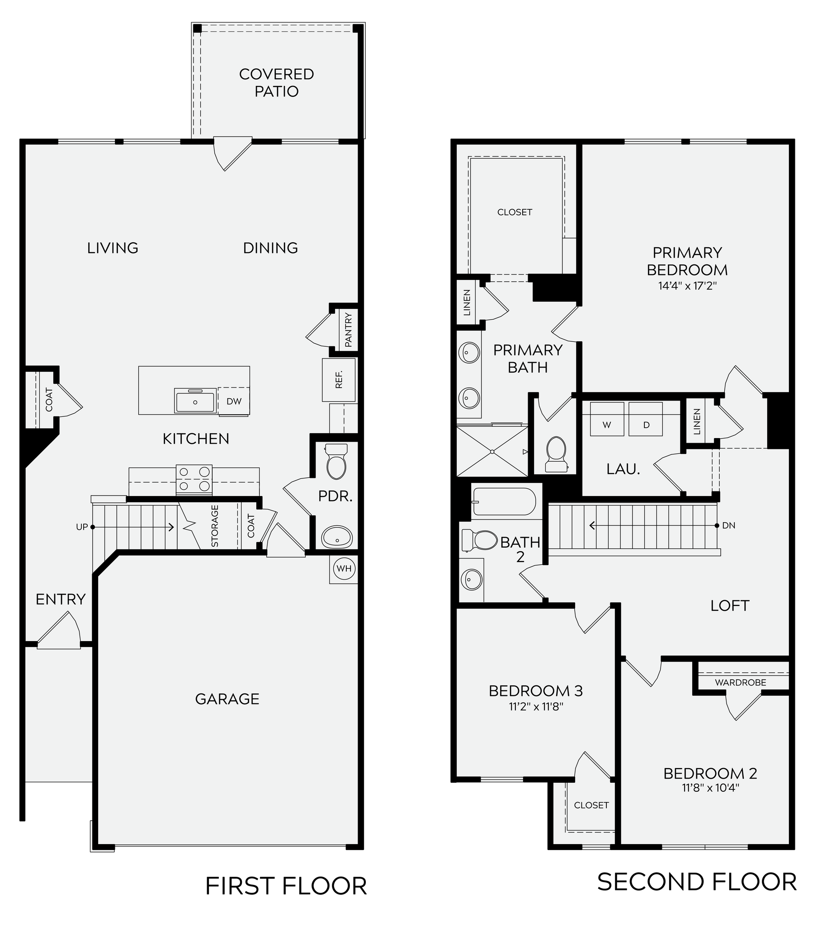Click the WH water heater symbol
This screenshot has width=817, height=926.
point(344,568)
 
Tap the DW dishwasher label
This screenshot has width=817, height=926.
point(234,401)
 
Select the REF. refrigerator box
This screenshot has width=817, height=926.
point(339,380)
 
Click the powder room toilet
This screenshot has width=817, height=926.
point(336,462)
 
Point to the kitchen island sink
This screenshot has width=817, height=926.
point(195,402)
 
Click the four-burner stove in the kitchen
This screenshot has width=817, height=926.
point(194,480)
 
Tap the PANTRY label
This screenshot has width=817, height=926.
point(348,330)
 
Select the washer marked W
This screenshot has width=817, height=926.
point(607,425)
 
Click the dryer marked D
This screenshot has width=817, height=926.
point(646,425)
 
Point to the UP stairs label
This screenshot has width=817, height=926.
point(81,527)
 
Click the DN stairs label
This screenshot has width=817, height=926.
point(729,525)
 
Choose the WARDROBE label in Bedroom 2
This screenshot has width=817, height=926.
point(741,682)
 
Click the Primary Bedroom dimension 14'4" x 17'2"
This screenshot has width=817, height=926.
point(687,286)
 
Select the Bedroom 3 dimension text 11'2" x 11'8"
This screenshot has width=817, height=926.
point(536,707)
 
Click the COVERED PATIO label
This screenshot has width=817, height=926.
point(276,82)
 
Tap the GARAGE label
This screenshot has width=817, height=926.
point(227,699)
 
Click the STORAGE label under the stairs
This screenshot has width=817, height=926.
point(215,525)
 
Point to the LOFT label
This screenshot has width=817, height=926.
point(730,605)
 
